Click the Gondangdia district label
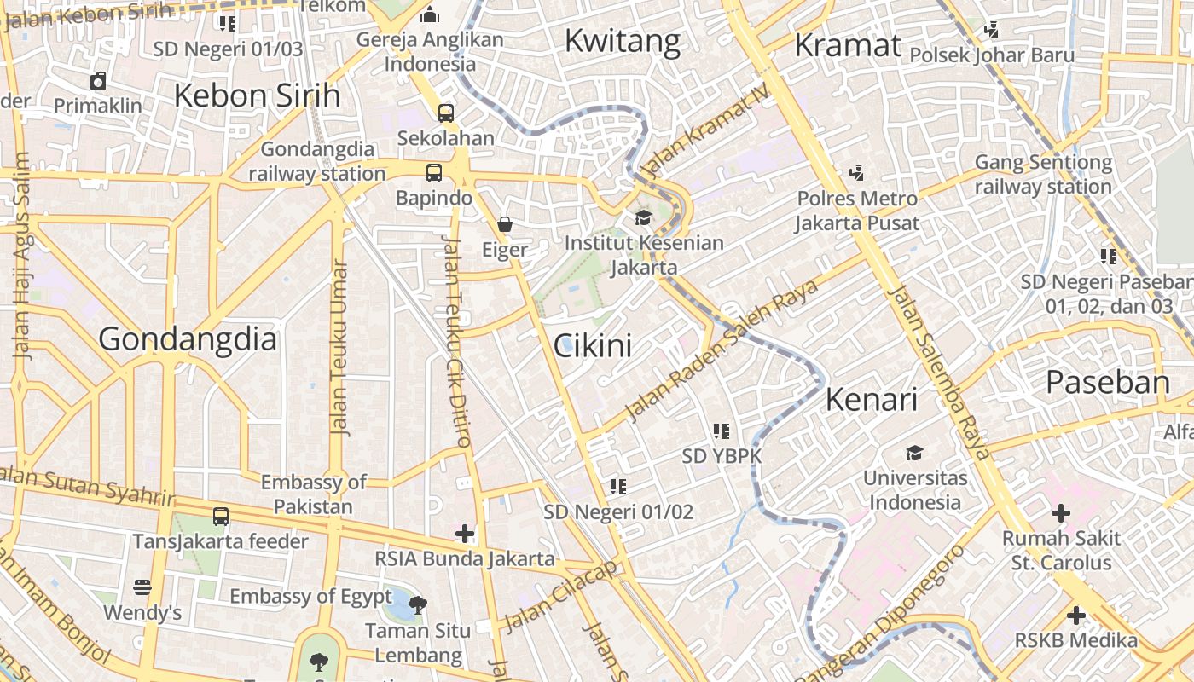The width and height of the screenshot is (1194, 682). tap(188, 339)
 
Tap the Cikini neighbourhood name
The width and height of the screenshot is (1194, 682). tap(593, 346)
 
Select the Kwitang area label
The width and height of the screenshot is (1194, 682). tap(623, 40)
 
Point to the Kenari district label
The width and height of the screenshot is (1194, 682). tap(871, 399)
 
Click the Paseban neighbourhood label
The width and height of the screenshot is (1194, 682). tap(1108, 382)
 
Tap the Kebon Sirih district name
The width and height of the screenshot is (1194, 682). tap(257, 95)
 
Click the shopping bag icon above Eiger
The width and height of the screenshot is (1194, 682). tap(505, 224)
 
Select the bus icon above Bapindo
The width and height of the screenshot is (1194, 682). tap(434, 173)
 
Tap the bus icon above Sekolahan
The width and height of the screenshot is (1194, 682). tap(445, 113)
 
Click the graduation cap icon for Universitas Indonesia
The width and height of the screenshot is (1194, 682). tap(915, 453)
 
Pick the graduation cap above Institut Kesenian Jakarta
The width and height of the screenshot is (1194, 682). tap(643, 218)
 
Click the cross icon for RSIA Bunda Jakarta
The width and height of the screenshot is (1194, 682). tap(464, 534)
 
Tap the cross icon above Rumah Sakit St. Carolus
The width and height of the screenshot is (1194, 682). tap(1060, 513)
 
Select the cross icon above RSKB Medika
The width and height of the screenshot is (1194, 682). tap(1075, 615)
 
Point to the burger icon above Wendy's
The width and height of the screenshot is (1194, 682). tap(142, 587)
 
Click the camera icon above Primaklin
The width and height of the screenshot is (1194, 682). tap(98, 81)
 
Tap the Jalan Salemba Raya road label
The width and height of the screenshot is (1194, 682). tap(939, 373)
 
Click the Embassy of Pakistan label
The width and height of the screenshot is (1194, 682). tap(313, 494)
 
